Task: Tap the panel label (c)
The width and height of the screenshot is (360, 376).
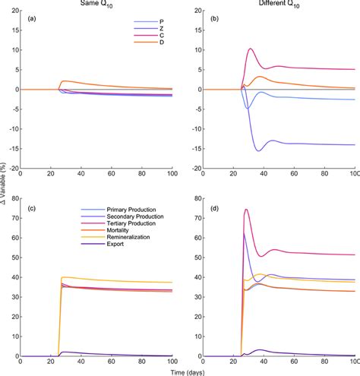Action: pos(33,207)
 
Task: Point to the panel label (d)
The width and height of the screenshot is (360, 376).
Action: pos(215,207)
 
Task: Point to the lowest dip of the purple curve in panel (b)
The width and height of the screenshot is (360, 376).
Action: pos(258,150)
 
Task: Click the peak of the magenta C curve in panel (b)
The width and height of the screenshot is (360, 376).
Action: pos(251,49)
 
